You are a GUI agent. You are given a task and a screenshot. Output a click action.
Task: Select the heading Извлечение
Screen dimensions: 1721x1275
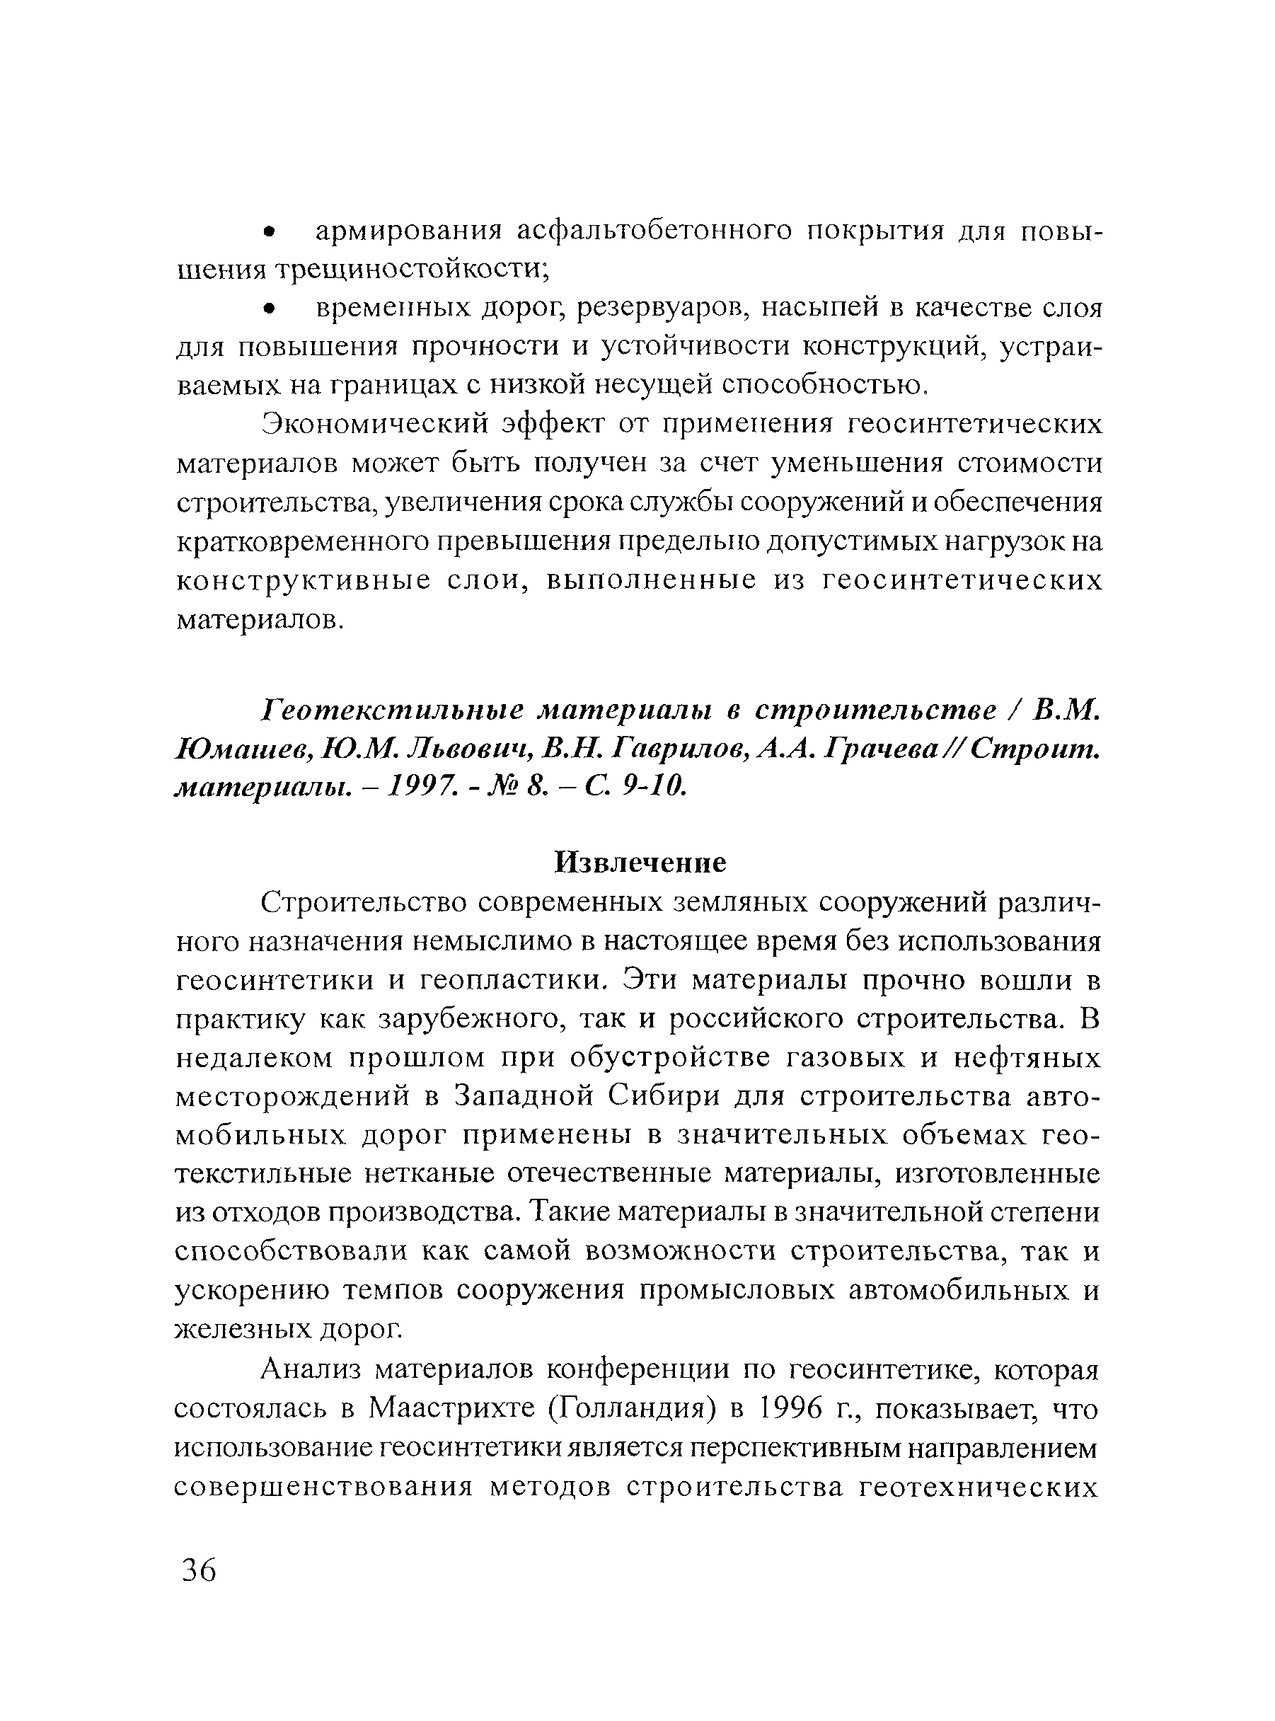pyautogui.click(x=640, y=863)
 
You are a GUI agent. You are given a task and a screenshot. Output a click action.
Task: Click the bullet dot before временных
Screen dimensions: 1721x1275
pyautogui.click(x=269, y=309)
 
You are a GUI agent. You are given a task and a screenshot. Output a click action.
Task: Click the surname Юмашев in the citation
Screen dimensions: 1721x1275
pyautogui.click(x=243, y=748)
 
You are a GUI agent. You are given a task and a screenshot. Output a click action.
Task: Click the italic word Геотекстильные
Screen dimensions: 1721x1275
pyautogui.click(x=393, y=709)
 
